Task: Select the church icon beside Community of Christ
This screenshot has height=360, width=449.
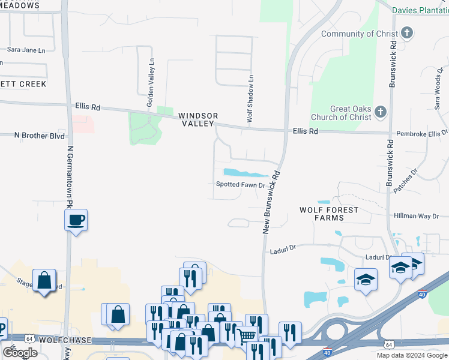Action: point(408,33)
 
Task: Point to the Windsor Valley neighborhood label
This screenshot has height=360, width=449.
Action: point(197,119)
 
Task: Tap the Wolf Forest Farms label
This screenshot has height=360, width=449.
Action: point(329,214)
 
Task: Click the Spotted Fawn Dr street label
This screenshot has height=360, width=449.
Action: point(241,185)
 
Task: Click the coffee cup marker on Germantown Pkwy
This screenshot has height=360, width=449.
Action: point(76,220)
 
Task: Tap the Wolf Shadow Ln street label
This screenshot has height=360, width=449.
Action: point(251,98)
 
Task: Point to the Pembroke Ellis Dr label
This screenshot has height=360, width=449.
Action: point(421,133)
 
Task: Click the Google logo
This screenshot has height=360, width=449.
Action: point(20,353)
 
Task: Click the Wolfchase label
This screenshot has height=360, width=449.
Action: point(64,340)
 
